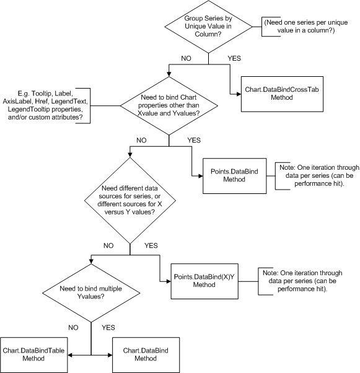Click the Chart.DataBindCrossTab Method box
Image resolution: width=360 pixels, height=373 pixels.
pyautogui.click(x=282, y=94)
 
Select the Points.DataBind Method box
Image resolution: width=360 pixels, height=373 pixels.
pyautogui.click(x=234, y=176)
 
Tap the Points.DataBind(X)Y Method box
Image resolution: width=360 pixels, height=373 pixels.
pyautogui.click(x=204, y=281)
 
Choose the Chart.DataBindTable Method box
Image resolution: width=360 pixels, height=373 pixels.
pyautogui.click(x=34, y=355)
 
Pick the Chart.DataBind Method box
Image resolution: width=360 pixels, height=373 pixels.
pyautogui.click(x=146, y=355)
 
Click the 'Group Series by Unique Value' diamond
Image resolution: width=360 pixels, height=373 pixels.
pyautogui.click(x=208, y=27)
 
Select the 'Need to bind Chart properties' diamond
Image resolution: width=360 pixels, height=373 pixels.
pyautogui.click(x=169, y=105)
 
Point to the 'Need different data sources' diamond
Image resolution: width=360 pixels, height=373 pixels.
pyautogui.click(x=130, y=200)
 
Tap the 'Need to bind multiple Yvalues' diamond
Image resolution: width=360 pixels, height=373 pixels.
pyautogui.click(x=91, y=293)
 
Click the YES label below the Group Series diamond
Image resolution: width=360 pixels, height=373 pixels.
pyautogui.click(x=234, y=58)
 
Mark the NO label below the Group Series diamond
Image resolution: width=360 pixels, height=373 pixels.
pyautogui.click(x=186, y=58)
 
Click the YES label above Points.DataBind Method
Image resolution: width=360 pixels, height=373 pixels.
pyautogui.click(x=194, y=140)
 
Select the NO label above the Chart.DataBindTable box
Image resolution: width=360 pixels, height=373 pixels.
pyautogui.click(x=73, y=328)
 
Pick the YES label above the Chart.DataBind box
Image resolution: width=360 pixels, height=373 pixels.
pyautogui.click(x=108, y=328)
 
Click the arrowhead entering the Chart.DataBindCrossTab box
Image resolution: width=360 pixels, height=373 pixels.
pyautogui.click(x=239, y=94)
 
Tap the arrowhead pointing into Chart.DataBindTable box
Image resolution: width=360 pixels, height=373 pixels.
pyautogui.click(x=70, y=355)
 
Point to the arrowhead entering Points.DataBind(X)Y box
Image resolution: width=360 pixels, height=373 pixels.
pyautogui.click(x=169, y=281)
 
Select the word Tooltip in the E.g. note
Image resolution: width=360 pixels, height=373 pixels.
pyautogui.click(x=41, y=93)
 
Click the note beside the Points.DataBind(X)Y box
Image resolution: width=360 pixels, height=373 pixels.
pyautogui.click(x=302, y=281)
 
